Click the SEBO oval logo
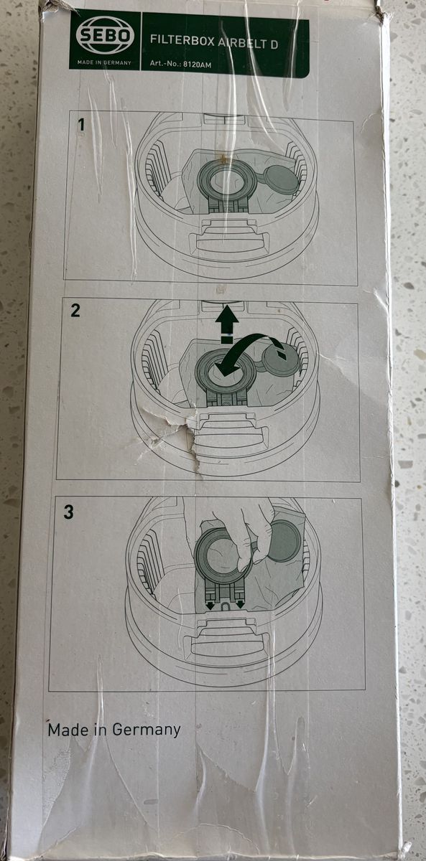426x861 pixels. click(105, 37)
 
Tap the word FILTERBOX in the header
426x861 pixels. click(182, 41)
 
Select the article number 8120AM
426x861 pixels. click(197, 65)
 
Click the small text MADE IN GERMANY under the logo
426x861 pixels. click(104, 62)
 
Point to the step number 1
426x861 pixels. click(80, 125)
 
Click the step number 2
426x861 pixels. click(75, 310)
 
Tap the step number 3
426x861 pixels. click(68, 512)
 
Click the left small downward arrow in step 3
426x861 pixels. click(210, 605)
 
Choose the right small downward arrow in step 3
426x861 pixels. click(241, 604)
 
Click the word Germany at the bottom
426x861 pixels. click(147, 730)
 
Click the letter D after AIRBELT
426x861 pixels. click(274, 45)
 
